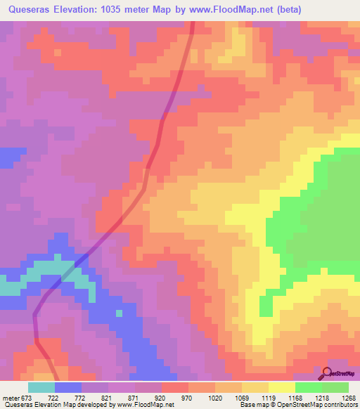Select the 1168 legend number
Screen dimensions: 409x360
[295, 398]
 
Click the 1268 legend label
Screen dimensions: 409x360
[349, 398]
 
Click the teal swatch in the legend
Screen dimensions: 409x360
[41, 387]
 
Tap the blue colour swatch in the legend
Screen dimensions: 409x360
[68, 387]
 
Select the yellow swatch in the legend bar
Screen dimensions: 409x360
[282, 387]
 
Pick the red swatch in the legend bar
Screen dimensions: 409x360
[175, 387]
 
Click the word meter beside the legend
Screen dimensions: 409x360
[8, 398]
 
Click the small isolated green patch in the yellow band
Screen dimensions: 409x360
[265, 306]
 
